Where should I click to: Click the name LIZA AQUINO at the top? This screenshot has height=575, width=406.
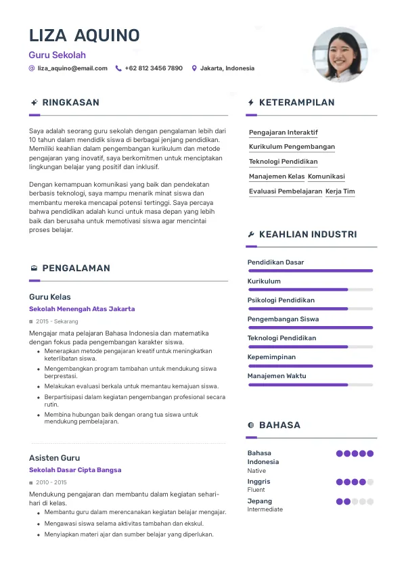tap(85, 35)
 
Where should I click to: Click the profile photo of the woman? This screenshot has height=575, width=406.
tap(340, 55)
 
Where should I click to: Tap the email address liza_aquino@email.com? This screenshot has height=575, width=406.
tap(72, 68)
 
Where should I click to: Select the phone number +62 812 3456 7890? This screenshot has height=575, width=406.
tap(154, 68)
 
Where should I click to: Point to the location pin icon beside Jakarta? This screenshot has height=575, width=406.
tap(194, 68)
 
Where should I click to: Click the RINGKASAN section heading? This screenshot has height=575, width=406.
tap(70, 103)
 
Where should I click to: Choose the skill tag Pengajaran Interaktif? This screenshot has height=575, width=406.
tap(283, 133)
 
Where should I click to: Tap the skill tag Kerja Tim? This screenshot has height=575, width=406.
tap(340, 191)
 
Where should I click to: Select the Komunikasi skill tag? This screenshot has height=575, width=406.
tap(326, 177)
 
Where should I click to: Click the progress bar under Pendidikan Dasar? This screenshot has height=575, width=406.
tap(310, 271)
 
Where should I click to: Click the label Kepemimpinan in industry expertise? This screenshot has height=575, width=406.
tap(271, 357)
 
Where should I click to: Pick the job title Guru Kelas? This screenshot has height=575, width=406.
tap(50, 297)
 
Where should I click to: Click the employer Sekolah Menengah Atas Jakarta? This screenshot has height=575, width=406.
tap(82, 309)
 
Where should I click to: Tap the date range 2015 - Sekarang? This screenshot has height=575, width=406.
tap(57, 321)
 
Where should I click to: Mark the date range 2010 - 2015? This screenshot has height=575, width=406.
tap(51, 482)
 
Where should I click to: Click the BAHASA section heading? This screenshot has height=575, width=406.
tap(279, 425)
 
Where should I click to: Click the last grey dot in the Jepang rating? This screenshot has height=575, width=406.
tap(370, 502)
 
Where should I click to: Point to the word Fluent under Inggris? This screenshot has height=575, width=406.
tap(256, 490)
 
